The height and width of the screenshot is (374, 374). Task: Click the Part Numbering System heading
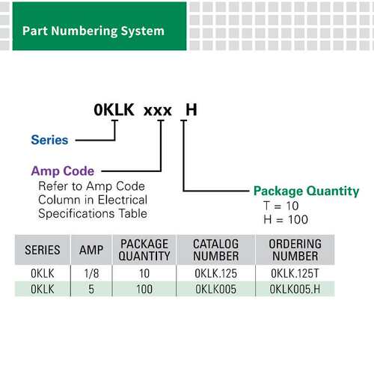(93, 31)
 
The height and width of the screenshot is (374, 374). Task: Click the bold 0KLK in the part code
(114, 110)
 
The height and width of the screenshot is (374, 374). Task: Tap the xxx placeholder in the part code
(158, 111)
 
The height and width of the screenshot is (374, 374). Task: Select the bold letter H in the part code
(191, 110)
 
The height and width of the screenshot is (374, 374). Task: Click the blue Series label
(49, 140)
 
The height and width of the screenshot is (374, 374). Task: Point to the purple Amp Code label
(63, 171)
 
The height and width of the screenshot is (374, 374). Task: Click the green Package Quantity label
(307, 191)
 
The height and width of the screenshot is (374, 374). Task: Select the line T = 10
(281, 206)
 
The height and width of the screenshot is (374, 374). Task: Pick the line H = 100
(286, 220)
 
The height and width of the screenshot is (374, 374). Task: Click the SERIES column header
(43, 250)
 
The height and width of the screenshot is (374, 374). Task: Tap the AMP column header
(91, 250)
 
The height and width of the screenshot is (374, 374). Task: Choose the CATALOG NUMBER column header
(216, 250)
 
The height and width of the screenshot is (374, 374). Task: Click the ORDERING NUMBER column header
(295, 250)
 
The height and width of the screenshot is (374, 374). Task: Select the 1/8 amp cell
(91, 274)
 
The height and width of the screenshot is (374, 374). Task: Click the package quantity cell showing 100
(144, 289)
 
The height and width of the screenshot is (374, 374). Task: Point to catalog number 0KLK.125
(215, 274)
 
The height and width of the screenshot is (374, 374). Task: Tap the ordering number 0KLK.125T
(295, 274)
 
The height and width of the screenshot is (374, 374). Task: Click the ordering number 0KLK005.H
(295, 289)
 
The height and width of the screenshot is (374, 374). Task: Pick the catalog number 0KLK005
(215, 289)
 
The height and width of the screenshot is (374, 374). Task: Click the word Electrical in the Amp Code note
(123, 200)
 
